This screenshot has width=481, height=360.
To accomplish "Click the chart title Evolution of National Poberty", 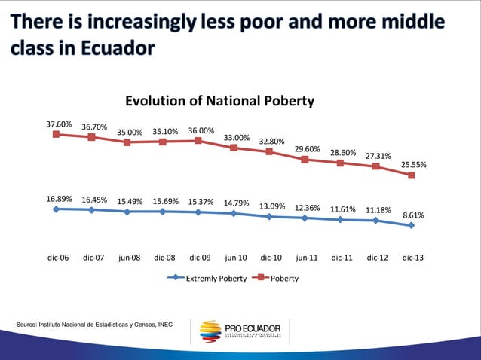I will tap(219, 101).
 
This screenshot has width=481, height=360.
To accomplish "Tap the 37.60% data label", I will tap(59, 124).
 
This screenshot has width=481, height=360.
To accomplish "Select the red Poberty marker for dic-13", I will tap(412, 175).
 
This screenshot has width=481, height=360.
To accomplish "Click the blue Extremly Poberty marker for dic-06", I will tap(56, 209).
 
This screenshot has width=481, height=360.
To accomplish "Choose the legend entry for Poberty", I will tap(278, 278).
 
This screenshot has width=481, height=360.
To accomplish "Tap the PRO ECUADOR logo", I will tap(241, 331).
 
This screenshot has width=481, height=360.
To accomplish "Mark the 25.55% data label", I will tap(414, 164).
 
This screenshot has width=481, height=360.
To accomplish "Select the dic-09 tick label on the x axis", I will tap(200, 257).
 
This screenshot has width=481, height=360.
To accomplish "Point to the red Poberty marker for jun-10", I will tap(234, 148).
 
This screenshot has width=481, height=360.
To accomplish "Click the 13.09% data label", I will tap(272, 206).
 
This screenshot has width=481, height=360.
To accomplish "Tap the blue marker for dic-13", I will tap(412, 225).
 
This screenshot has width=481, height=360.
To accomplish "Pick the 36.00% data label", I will tap(201, 130).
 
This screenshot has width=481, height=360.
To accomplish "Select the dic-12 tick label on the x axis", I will tap(378, 257).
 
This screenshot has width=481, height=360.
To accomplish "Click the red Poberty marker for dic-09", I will tap(198, 141).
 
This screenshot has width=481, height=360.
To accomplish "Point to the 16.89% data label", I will tap(59, 199).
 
